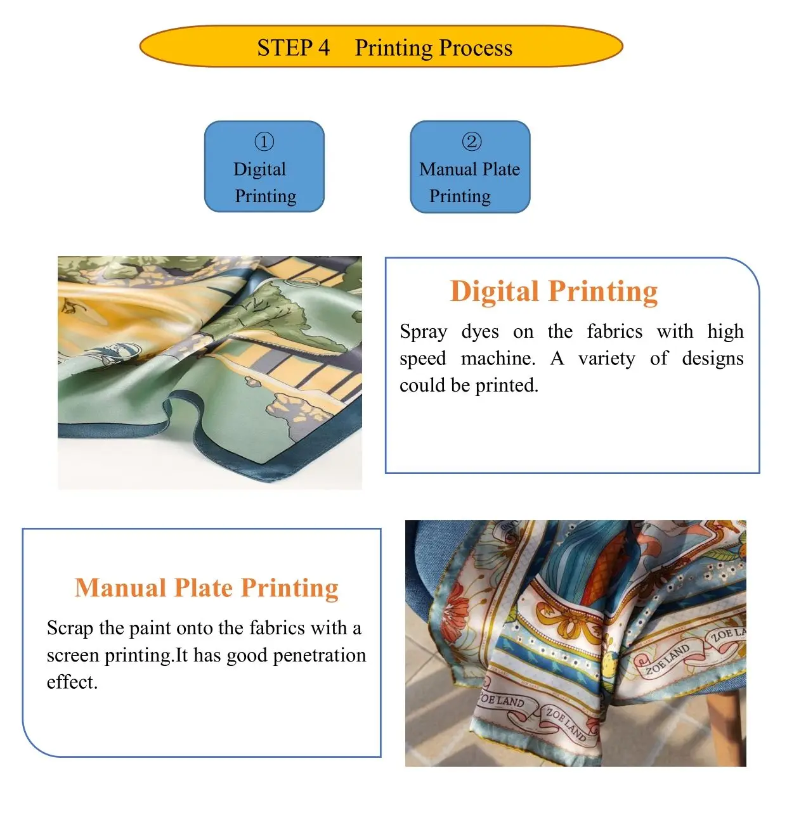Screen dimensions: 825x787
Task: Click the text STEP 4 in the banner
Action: coord(293,48)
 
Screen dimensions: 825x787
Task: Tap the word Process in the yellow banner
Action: coord(476,48)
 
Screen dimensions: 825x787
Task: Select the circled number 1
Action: coord(264,141)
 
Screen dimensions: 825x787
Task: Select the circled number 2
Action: coord(471,141)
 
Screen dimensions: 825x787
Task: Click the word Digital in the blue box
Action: coord(259,169)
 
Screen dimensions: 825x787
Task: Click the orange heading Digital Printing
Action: coord(554,291)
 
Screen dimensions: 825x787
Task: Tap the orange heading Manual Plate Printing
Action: coord(207,587)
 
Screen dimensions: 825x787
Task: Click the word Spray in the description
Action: coord(423,331)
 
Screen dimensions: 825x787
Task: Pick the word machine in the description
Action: coord(498,359)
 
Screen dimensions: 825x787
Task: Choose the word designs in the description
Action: coord(712,359)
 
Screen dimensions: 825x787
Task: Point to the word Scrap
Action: coord(70,628)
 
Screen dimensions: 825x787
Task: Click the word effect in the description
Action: coord(72,682)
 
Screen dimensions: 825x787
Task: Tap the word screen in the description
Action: coord(73,656)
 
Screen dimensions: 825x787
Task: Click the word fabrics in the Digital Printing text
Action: coord(614,331)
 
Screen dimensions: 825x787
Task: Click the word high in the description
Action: coord(725,331)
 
